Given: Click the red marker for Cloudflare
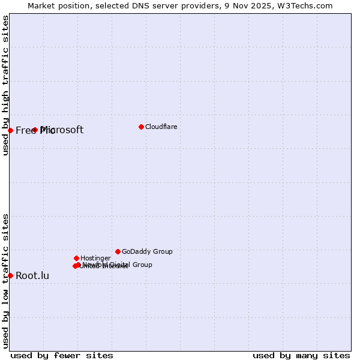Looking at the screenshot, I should click(141, 127).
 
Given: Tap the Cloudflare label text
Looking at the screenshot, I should click(161, 127).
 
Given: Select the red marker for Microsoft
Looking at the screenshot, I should click(35, 130).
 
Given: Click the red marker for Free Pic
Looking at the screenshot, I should click(10, 130).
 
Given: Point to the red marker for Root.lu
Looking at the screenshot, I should click(10, 275).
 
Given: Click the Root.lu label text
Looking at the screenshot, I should click(32, 276).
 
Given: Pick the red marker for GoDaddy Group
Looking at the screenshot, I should click(118, 251).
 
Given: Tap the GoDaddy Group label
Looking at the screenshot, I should click(147, 252).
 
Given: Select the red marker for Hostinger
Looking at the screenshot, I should click(76, 258).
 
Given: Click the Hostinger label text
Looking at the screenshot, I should click(95, 259).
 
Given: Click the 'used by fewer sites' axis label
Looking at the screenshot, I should click(62, 355).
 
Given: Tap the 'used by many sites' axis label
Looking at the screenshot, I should click(301, 355).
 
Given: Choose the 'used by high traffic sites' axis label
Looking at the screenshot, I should click(5, 85).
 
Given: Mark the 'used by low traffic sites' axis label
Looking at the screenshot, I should click(5, 280).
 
